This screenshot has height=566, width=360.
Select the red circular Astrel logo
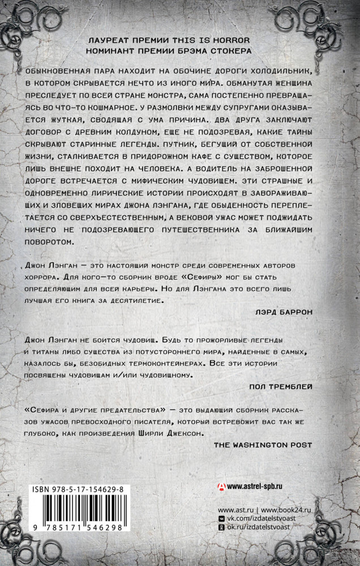coord(221,487)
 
